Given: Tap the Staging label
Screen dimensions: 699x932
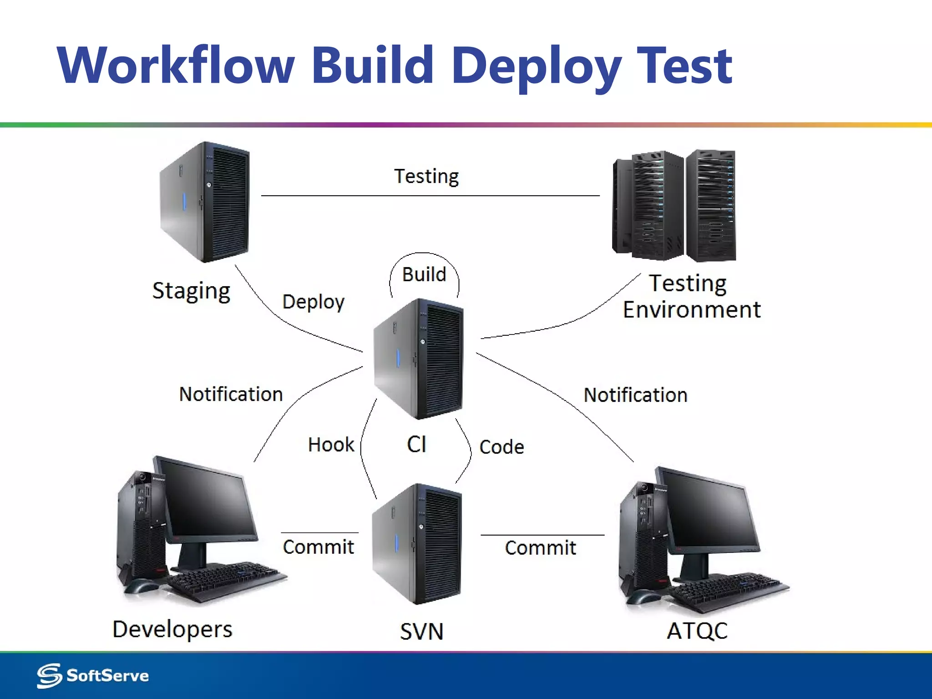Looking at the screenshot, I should click(x=191, y=291).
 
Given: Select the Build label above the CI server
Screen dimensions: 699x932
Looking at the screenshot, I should click(x=424, y=274).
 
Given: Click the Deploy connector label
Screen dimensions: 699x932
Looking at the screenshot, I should click(x=313, y=302).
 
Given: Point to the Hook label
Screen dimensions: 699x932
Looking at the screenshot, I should click(x=331, y=445).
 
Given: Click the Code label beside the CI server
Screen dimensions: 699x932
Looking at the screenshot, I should click(x=501, y=447).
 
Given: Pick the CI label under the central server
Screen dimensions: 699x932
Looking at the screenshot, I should click(x=416, y=444).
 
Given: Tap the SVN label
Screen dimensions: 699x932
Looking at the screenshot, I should click(x=421, y=632).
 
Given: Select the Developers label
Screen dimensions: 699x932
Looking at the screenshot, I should click(x=172, y=630).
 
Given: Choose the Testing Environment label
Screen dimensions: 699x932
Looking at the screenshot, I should click(x=691, y=297).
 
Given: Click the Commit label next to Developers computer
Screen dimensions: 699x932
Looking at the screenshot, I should click(x=318, y=547).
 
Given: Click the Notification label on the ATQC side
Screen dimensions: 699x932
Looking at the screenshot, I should click(x=635, y=395).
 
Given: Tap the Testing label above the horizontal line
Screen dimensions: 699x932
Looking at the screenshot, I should click(x=426, y=177).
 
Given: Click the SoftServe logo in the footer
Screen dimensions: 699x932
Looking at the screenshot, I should click(x=93, y=675).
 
